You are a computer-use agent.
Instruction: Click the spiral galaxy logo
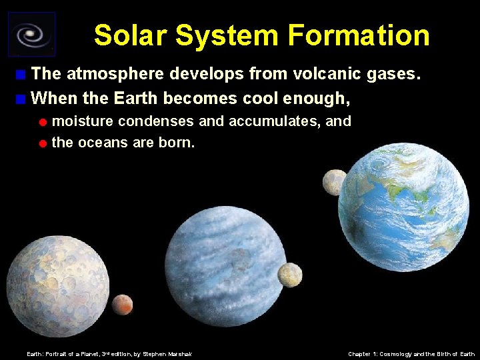point(31,34)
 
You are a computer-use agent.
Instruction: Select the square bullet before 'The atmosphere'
point(22,74)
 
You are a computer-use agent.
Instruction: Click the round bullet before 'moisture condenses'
point(42,123)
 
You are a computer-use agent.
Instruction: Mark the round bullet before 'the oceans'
point(42,143)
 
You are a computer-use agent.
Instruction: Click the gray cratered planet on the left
point(58,277)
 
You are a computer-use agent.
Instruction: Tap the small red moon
point(122,305)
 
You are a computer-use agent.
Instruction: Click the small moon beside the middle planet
point(290,274)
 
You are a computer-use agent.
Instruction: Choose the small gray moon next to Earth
point(334,182)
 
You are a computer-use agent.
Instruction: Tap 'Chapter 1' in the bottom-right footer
point(363,354)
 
